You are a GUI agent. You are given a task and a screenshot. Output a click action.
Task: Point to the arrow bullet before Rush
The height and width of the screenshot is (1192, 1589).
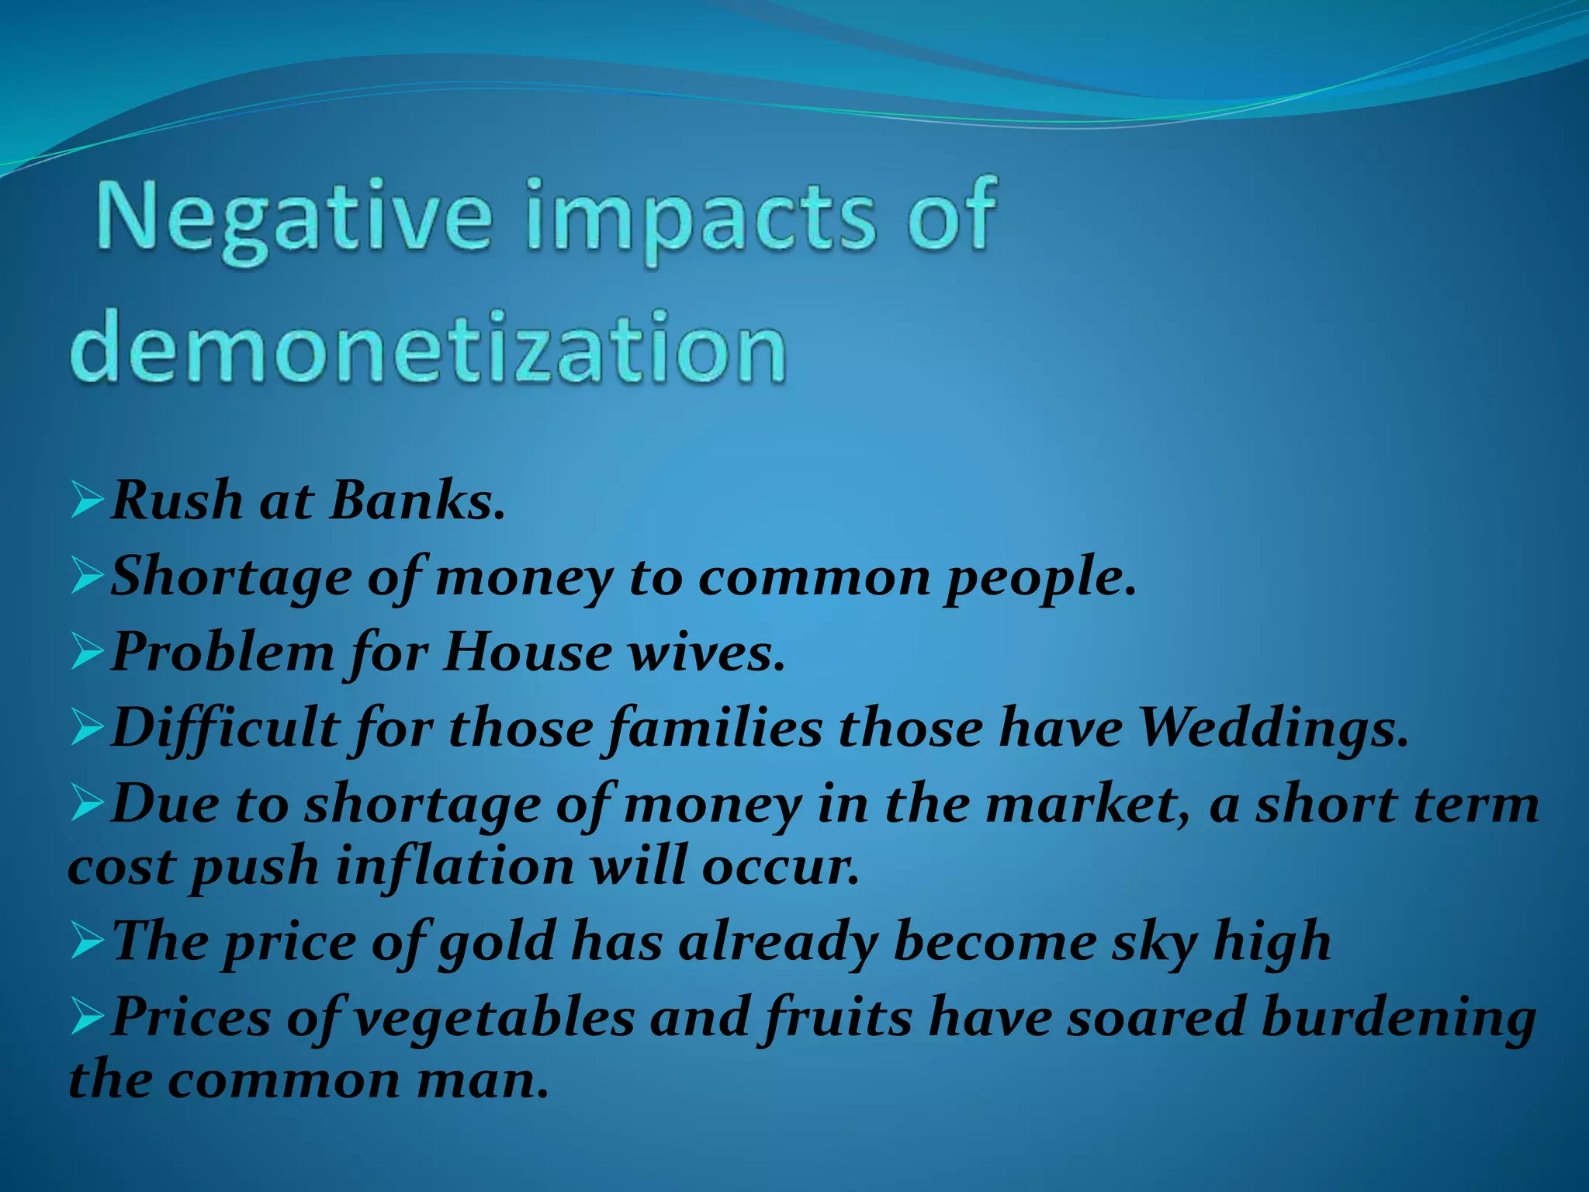pyautogui.click(x=87, y=500)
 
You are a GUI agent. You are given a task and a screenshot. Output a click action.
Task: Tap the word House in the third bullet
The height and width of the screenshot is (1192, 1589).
pyautogui.click(x=528, y=653)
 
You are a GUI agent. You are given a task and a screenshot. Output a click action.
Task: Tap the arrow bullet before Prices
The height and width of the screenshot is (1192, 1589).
pyautogui.click(x=87, y=1017)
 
